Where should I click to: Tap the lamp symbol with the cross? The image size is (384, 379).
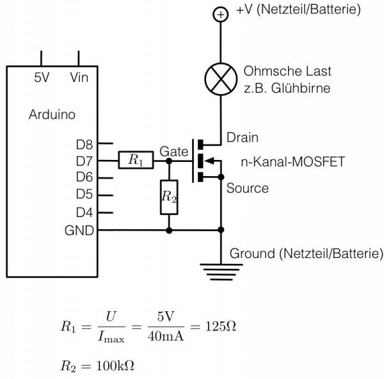click(221, 79)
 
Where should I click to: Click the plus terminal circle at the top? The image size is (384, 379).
click(221, 15)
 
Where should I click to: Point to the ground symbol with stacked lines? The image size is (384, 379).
click(221, 272)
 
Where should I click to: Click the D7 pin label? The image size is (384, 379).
click(84, 161)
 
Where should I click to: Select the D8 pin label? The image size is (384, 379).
click(84, 145)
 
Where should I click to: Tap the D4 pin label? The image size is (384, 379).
click(84, 213)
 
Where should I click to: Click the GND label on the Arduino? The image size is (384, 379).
click(79, 230)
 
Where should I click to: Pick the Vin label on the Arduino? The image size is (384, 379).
click(79, 77)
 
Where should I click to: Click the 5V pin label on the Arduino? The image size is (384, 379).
click(42, 77)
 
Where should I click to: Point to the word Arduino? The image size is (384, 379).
click(52, 115)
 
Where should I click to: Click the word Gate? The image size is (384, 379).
click(174, 152)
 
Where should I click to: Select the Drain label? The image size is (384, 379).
click(243, 138)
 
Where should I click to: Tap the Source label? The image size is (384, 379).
click(247, 188)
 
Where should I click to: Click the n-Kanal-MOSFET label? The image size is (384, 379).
click(293, 162)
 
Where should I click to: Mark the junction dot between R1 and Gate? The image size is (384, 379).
click(169, 161)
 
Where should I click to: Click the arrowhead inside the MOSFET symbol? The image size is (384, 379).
click(209, 161)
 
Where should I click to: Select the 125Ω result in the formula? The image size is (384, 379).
click(221, 327)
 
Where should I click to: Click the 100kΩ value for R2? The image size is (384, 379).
click(115, 366)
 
